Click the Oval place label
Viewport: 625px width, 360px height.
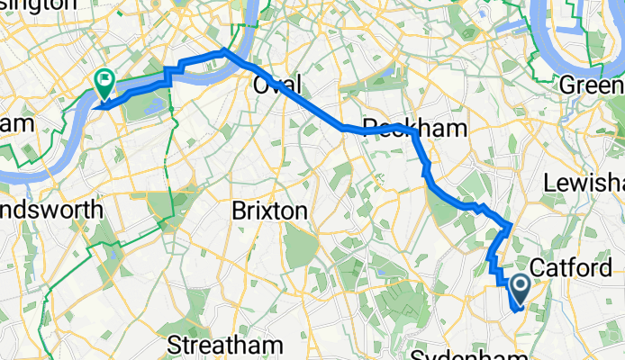click(x=277, y=85)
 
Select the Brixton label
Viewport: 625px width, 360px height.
click(x=270, y=211)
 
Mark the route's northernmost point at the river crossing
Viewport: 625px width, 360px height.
click(x=224, y=52)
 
